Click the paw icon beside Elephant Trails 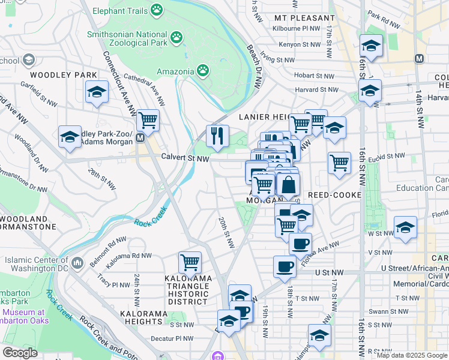tap(157, 10)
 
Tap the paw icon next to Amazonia tap(203, 71)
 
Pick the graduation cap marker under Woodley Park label tap(97, 92)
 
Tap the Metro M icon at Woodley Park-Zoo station tap(140, 137)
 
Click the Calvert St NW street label tap(185, 158)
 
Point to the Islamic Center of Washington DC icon tap(77, 263)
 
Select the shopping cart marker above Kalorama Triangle tap(190, 262)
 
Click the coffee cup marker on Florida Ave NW tap(300, 243)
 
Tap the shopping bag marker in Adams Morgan tap(288, 185)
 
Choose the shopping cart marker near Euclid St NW tap(339, 162)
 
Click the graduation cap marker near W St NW tap(405, 228)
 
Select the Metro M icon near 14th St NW tap(419, 59)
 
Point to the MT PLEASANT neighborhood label tap(304, 18)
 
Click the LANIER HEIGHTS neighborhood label tap(265, 117)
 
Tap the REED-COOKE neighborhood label tap(334, 196)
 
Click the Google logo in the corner tap(20, 353)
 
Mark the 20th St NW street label tap(226, 232)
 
